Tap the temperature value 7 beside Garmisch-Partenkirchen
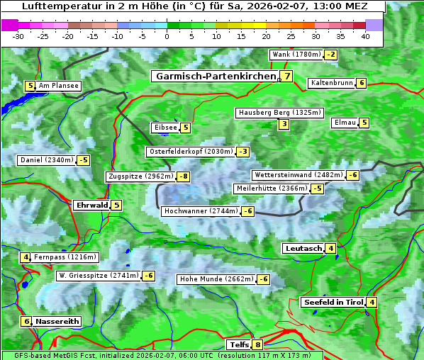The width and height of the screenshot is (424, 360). (286, 77)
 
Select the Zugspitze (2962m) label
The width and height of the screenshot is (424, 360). (140, 176)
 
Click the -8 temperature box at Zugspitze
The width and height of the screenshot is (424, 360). (183, 176)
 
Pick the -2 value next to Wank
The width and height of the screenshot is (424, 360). (330, 55)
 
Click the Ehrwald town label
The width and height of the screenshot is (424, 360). (91, 206)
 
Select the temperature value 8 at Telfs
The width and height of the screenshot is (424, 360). (257, 345)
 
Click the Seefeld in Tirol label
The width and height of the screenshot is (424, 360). (333, 303)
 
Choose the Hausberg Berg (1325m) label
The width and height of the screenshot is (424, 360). (279, 113)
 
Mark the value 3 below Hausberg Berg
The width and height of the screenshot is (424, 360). (284, 125)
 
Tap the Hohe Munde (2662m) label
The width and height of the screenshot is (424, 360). (216, 279)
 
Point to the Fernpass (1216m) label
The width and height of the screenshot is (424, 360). (65, 257)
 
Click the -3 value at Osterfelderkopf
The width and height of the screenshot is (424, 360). (243, 152)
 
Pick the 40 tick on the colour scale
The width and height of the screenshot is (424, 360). (364, 35)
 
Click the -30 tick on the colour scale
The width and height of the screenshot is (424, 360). (18, 35)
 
